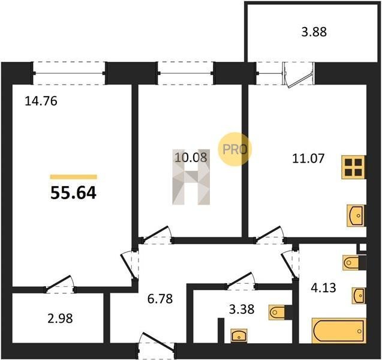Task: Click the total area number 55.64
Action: point(73,193)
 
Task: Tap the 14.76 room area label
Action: point(41,101)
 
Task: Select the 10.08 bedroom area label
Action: point(191,157)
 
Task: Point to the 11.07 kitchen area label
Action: point(308,158)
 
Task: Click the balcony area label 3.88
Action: point(314,32)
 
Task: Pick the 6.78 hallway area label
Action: point(160,299)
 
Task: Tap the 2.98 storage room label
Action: point(60,319)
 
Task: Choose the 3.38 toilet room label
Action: point(242,310)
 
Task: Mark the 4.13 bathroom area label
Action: point(324,287)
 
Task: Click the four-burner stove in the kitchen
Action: point(353,167)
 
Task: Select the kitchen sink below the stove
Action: point(356,216)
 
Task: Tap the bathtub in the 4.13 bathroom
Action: point(339,331)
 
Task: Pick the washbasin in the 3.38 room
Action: point(239,335)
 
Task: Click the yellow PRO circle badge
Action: point(234,149)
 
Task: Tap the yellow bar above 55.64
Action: point(73,177)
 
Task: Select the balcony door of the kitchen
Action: point(298,75)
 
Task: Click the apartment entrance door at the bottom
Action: point(156,343)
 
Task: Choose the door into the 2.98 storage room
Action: point(60,284)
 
